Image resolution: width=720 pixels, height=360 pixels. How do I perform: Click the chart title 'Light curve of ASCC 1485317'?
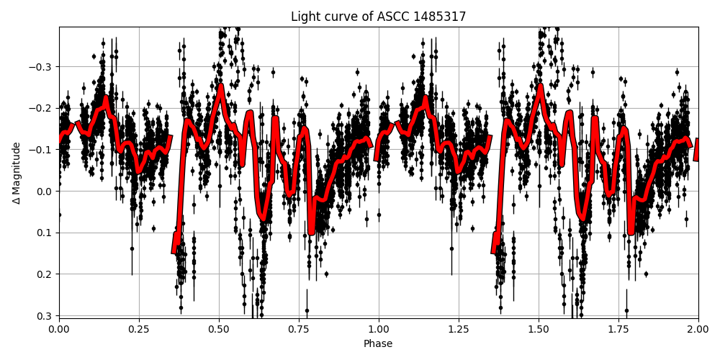(x=378, y=17)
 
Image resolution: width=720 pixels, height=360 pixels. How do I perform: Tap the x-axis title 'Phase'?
(x=378, y=344)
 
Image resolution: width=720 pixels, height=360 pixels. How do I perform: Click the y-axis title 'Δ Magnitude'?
(x=17, y=173)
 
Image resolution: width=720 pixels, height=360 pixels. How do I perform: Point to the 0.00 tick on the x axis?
(x=59, y=329)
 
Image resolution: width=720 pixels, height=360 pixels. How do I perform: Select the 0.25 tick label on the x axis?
(x=139, y=329)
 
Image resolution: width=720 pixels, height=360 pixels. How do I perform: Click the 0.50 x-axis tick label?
(x=219, y=329)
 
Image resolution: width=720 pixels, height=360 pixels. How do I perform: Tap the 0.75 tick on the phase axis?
(x=299, y=329)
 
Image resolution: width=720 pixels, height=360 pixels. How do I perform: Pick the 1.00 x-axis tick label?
(x=379, y=329)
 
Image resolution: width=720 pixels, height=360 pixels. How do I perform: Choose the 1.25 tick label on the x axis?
(x=459, y=329)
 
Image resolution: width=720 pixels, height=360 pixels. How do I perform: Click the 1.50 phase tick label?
(x=539, y=329)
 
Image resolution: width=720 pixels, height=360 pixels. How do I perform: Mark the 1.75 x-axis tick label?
(x=618, y=329)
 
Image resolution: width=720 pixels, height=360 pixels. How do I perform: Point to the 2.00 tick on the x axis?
(x=698, y=329)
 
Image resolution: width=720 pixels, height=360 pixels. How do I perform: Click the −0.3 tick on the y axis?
(x=41, y=67)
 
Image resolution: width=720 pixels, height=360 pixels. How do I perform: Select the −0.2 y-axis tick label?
(x=41, y=108)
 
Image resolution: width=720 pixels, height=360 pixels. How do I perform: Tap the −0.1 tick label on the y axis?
(x=41, y=150)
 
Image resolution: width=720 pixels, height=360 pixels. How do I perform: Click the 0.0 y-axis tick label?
(x=45, y=192)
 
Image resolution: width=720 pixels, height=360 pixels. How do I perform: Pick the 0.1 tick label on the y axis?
(x=45, y=233)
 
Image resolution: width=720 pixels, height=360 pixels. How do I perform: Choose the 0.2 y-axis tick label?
(x=45, y=274)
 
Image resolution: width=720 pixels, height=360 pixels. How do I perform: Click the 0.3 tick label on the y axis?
(x=45, y=315)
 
